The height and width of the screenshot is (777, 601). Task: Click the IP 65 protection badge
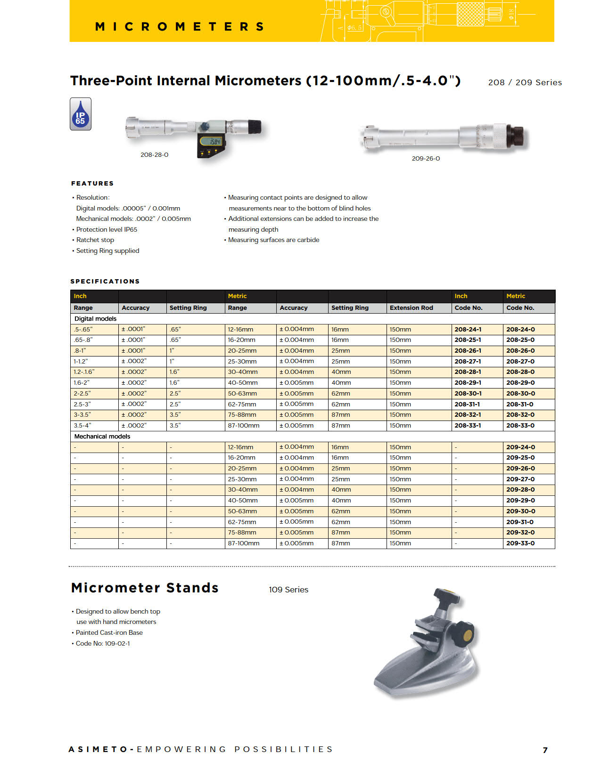81,114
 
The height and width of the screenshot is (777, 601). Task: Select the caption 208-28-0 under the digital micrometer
154,155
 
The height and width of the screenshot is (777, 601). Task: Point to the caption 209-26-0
426,159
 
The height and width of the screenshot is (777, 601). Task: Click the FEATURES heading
92,183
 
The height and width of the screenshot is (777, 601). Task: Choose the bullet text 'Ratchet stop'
95,240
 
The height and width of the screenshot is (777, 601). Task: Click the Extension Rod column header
411,308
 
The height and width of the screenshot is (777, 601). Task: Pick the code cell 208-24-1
468,330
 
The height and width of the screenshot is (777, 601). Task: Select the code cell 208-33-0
520,426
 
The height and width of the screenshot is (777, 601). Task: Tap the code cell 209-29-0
520,501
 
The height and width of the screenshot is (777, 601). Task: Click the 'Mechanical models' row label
102,437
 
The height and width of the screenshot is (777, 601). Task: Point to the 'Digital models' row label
95,319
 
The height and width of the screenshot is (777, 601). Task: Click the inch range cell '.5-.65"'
83,330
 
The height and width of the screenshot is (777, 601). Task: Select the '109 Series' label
288,590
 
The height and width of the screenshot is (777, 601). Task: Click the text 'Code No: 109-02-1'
103,644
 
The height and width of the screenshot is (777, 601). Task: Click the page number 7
545,750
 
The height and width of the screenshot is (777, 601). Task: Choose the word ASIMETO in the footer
98,749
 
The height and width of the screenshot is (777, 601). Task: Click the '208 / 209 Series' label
525,82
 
